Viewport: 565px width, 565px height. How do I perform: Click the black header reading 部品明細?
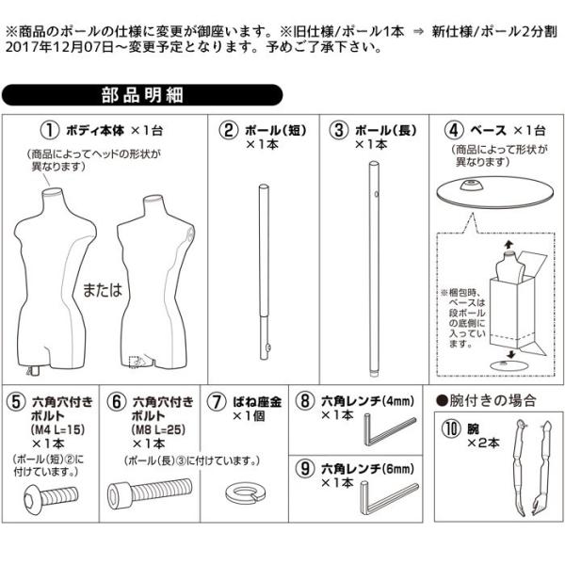(x=142, y=95)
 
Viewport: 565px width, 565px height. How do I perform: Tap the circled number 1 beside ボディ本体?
(x=49, y=131)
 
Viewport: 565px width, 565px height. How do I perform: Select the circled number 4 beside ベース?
(x=454, y=130)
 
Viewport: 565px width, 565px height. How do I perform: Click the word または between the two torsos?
(x=103, y=290)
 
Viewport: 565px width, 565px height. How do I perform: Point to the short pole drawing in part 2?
(x=265, y=272)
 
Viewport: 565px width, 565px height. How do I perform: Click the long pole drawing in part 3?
(x=374, y=268)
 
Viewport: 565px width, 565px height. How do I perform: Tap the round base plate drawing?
(x=496, y=192)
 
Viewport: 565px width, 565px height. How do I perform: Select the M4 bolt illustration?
(x=51, y=497)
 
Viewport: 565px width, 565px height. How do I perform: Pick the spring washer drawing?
(x=246, y=492)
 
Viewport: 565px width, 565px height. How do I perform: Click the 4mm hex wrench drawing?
(x=388, y=431)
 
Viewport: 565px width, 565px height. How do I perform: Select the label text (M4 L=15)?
(x=58, y=430)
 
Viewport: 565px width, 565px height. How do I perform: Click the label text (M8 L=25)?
(x=158, y=430)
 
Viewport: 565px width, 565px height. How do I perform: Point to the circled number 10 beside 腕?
(x=451, y=429)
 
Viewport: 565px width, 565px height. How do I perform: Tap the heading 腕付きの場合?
(x=487, y=401)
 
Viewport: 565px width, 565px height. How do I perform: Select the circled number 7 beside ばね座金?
(x=217, y=402)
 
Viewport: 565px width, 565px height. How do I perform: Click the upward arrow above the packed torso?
(x=508, y=245)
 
